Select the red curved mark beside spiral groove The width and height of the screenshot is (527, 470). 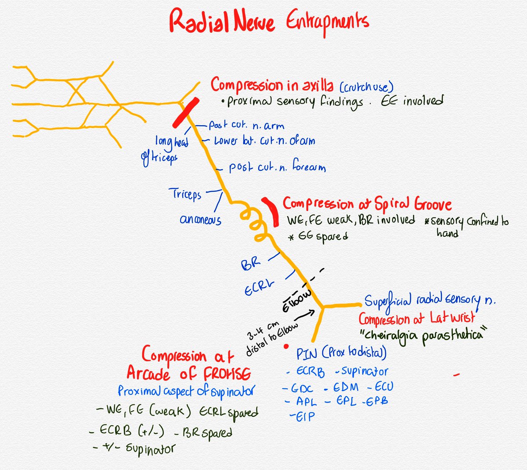270,211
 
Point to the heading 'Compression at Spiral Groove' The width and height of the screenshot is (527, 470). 367,204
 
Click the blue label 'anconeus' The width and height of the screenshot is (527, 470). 200,219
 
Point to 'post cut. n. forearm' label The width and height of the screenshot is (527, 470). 277,168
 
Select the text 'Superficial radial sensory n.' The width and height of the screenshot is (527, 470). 430,300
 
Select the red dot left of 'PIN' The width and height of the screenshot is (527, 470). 286,347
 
